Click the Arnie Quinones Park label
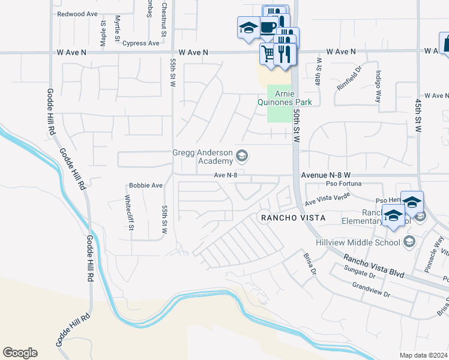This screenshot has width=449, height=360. pos(293,98)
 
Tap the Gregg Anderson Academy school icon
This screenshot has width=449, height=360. pos(242,157)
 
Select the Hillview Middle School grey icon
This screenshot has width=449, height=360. pos(409,241)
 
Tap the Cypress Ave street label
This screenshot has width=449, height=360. pos(140,43)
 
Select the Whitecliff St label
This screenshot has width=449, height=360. pos(128,213)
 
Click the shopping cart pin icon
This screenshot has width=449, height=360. pos(268,54)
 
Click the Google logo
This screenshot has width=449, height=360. pos(20,352)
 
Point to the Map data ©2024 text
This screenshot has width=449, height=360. pos(423,355)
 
